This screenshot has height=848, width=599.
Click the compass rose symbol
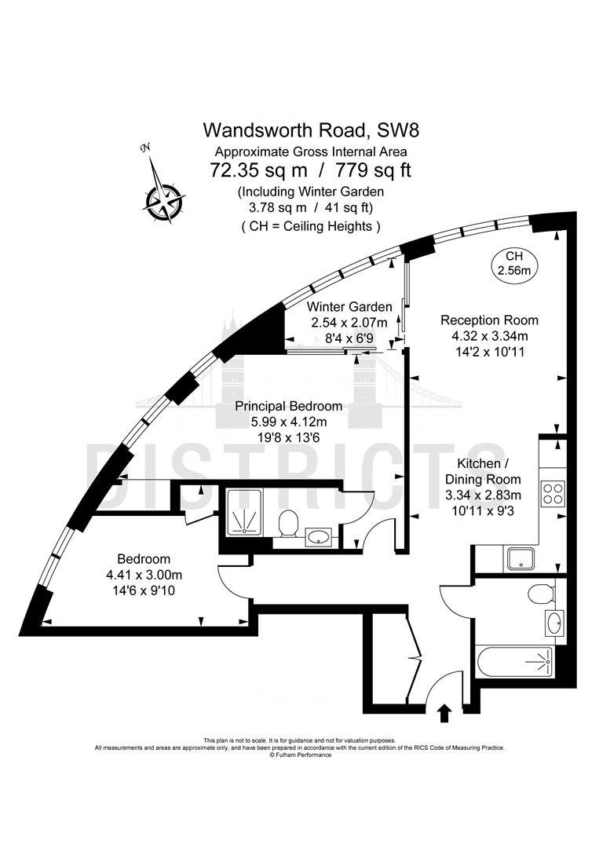coord(164,192)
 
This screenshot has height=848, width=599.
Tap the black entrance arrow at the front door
coord(444,712)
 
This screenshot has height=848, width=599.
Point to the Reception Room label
coord(489,320)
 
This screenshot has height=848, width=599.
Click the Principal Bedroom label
coord(289,406)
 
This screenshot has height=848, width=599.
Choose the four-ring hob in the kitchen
coord(552,493)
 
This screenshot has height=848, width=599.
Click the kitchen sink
coord(520,559)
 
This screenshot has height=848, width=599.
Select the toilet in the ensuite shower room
coord(289,522)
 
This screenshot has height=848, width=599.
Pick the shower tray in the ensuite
coord(248,513)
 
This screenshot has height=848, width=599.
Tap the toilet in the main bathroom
coord(539,593)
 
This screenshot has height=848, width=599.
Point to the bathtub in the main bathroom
coord(514,662)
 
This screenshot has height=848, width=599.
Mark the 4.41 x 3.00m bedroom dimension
coord(143,574)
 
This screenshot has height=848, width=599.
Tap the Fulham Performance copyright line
coord(299,755)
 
